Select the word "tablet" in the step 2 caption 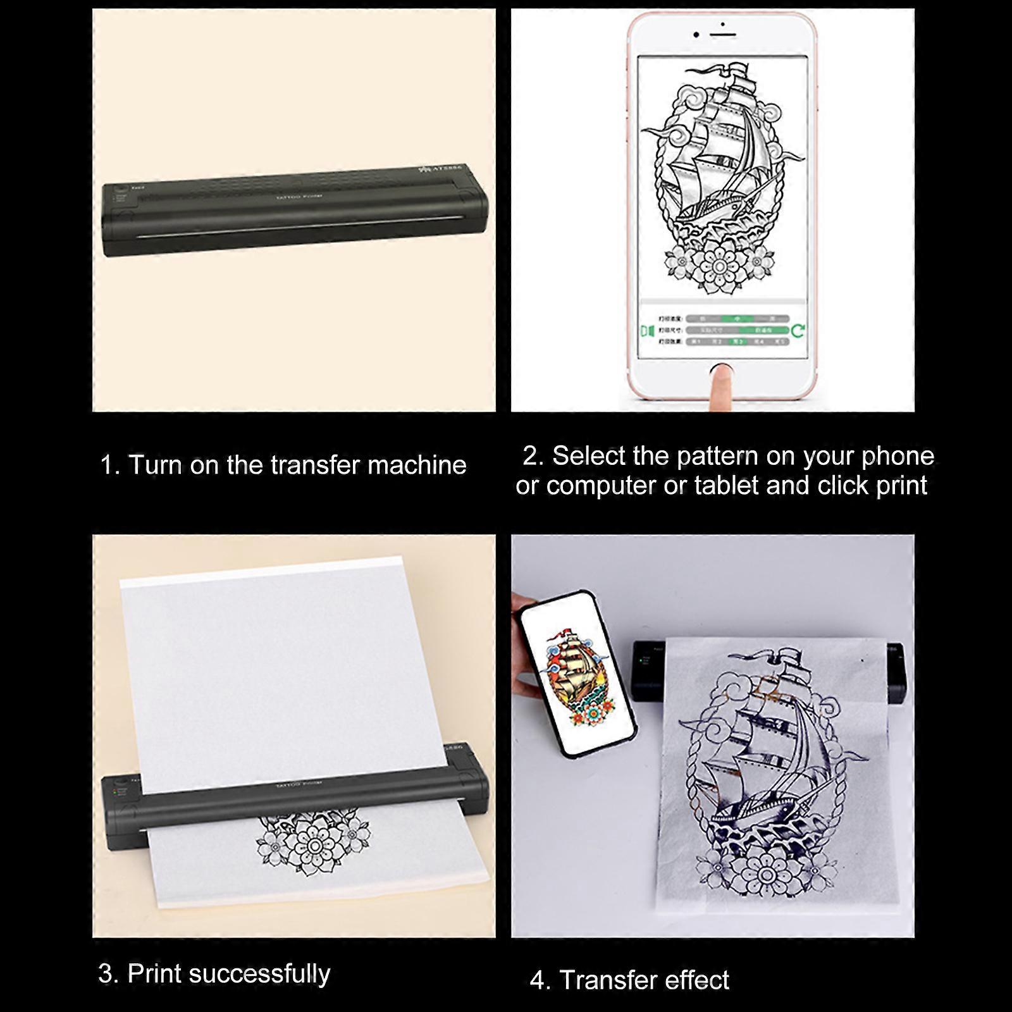point(727,486)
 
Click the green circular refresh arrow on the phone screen point(798,330)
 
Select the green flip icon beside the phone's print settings point(646,331)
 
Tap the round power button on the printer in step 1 point(120,189)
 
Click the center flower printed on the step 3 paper point(314,845)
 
